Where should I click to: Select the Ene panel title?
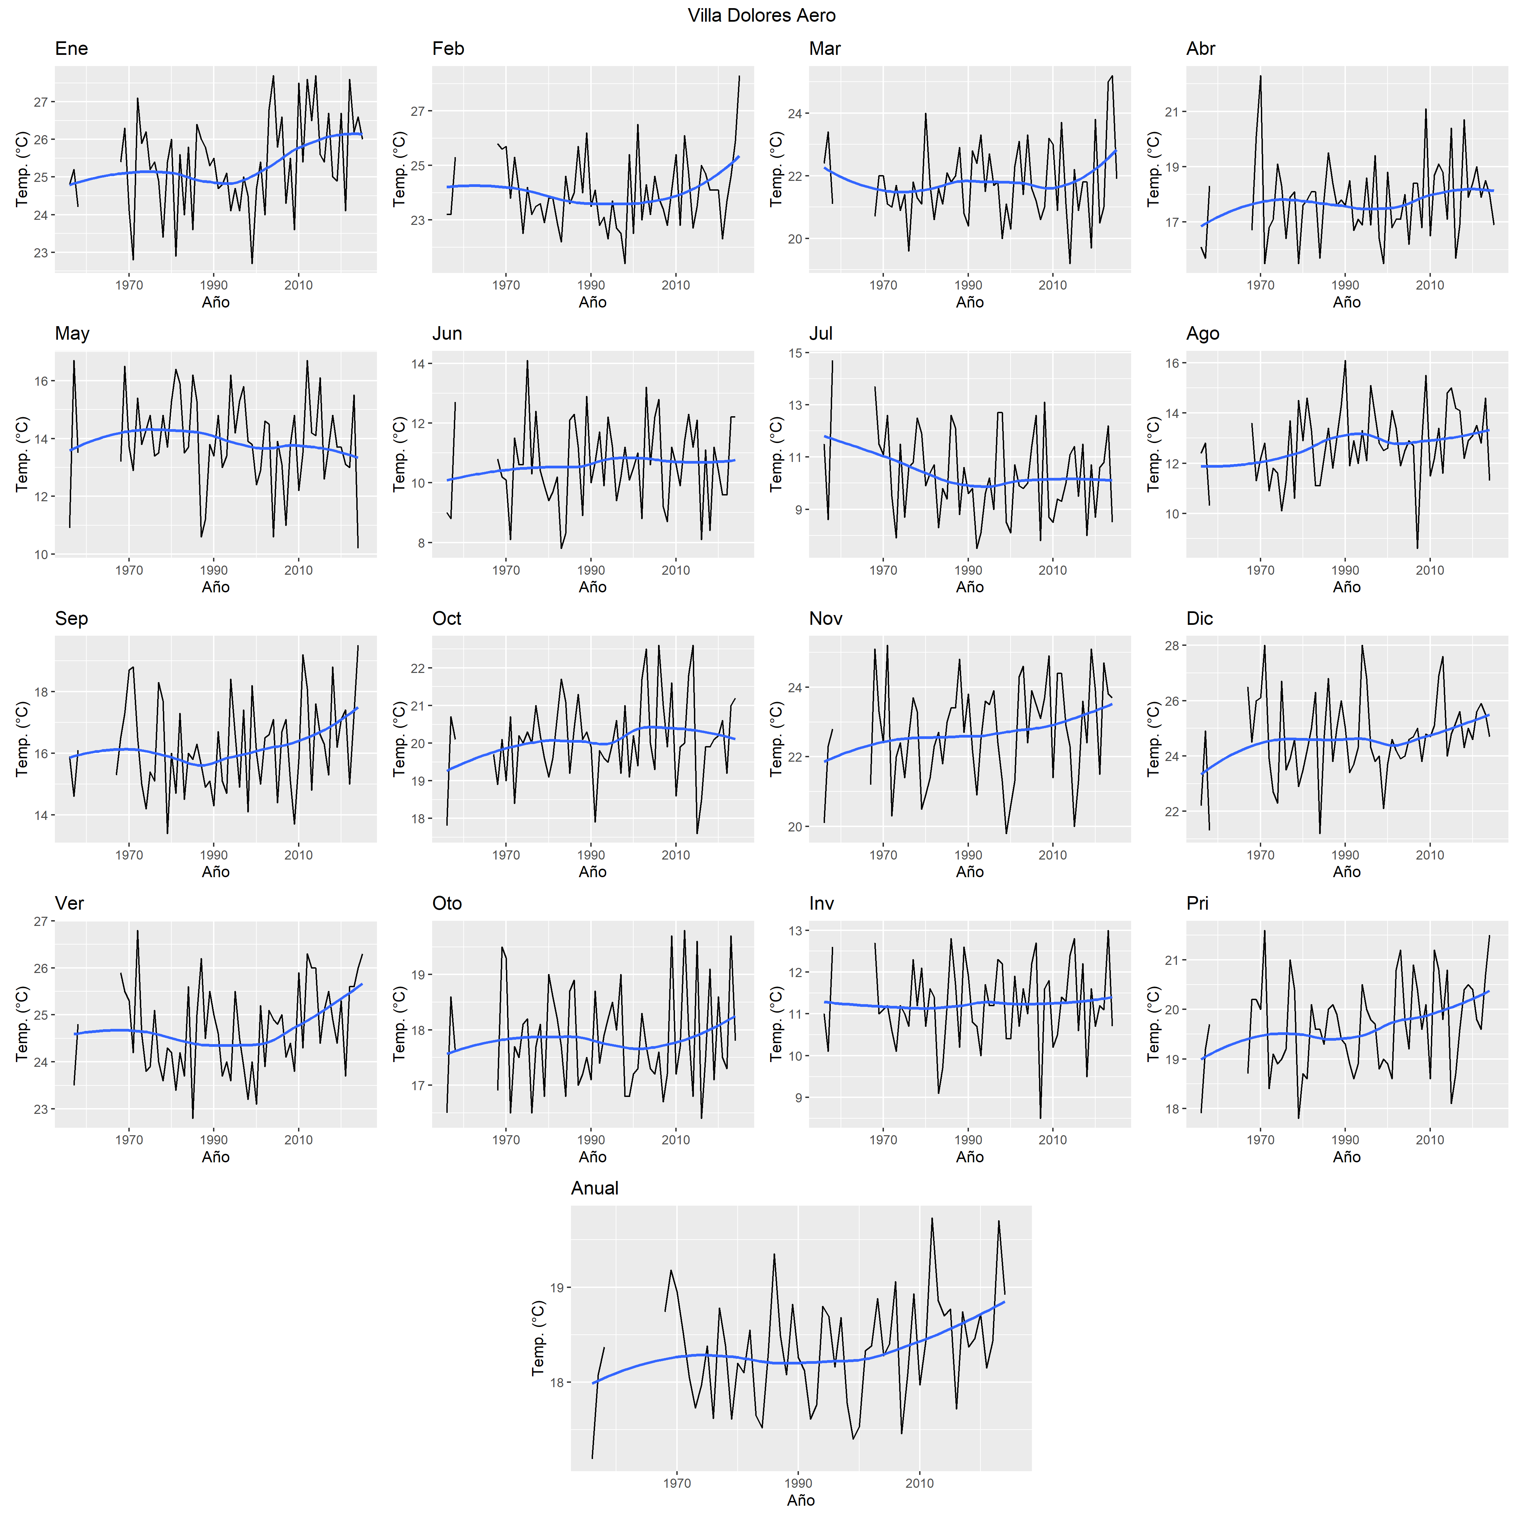pos(71,49)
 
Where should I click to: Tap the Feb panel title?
pos(448,49)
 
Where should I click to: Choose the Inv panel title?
pos(821,903)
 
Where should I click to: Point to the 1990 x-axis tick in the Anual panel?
pos(798,1483)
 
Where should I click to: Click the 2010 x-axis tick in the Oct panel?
pos(675,855)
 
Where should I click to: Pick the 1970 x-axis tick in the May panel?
pos(129,570)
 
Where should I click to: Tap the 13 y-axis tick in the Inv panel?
pos(794,931)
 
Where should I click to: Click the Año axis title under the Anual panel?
pos(801,1500)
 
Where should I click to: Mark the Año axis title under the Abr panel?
pos(1347,302)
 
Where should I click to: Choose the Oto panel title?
pos(446,903)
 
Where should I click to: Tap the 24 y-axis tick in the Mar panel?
pos(794,113)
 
